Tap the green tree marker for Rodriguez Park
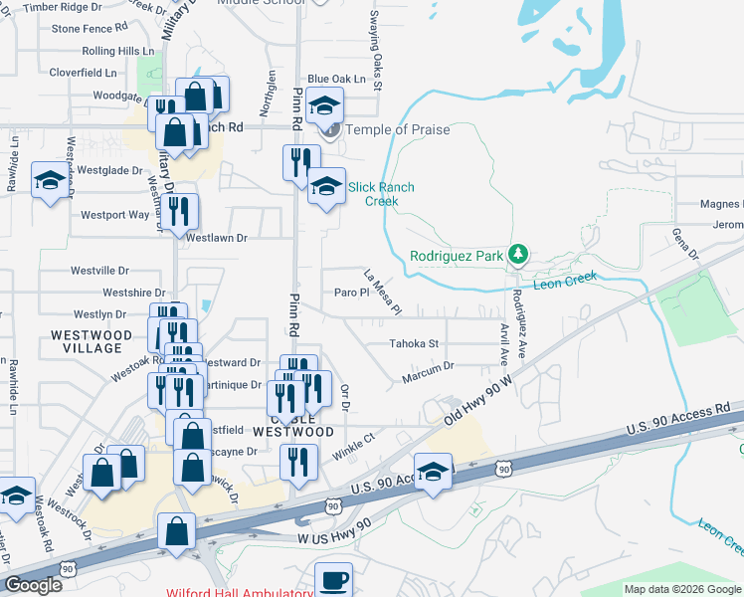tap(517, 255)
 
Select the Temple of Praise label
tap(397, 130)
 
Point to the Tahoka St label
tap(414, 344)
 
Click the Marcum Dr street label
tap(428, 366)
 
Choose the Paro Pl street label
tap(351, 293)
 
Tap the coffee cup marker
tap(334, 578)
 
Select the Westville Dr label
tap(99, 271)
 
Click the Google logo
tap(33, 585)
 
